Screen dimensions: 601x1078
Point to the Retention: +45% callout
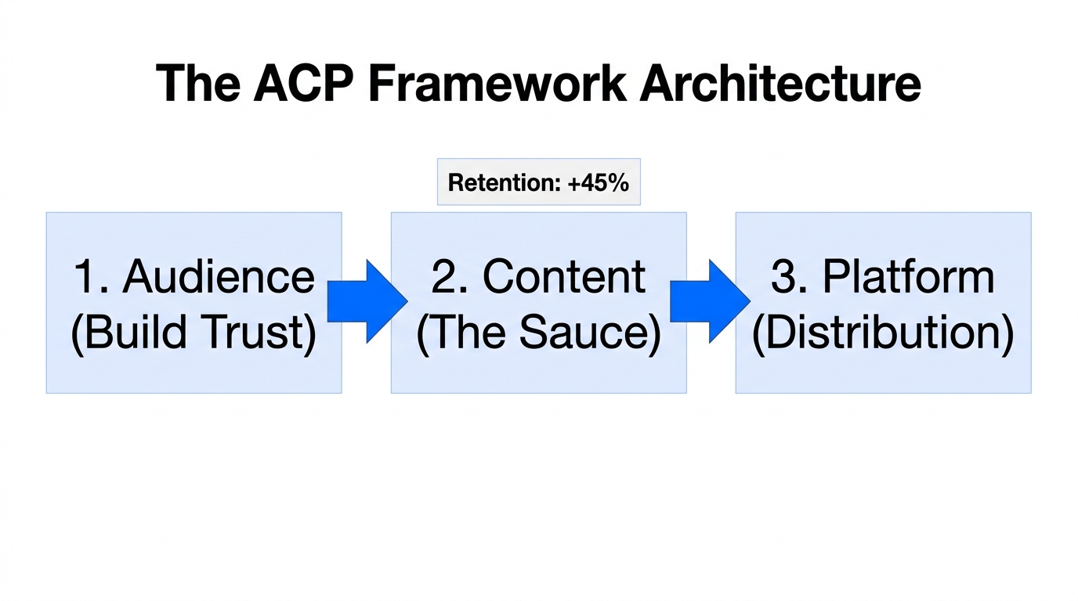click(x=538, y=182)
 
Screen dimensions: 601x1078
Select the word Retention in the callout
click(x=501, y=182)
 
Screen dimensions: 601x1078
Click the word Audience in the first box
click(x=219, y=276)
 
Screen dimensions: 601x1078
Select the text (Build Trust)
click(x=194, y=333)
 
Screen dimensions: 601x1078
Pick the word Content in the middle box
click(x=564, y=276)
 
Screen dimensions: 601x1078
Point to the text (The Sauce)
click(x=538, y=333)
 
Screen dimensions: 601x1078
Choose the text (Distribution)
click(x=883, y=333)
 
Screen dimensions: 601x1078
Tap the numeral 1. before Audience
click(x=92, y=276)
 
